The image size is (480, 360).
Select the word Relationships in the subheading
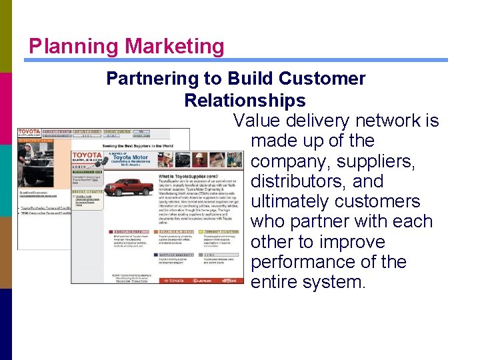[x=245, y=101]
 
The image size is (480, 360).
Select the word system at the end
[x=333, y=282]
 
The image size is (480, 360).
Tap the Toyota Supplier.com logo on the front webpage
[x=87, y=160]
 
